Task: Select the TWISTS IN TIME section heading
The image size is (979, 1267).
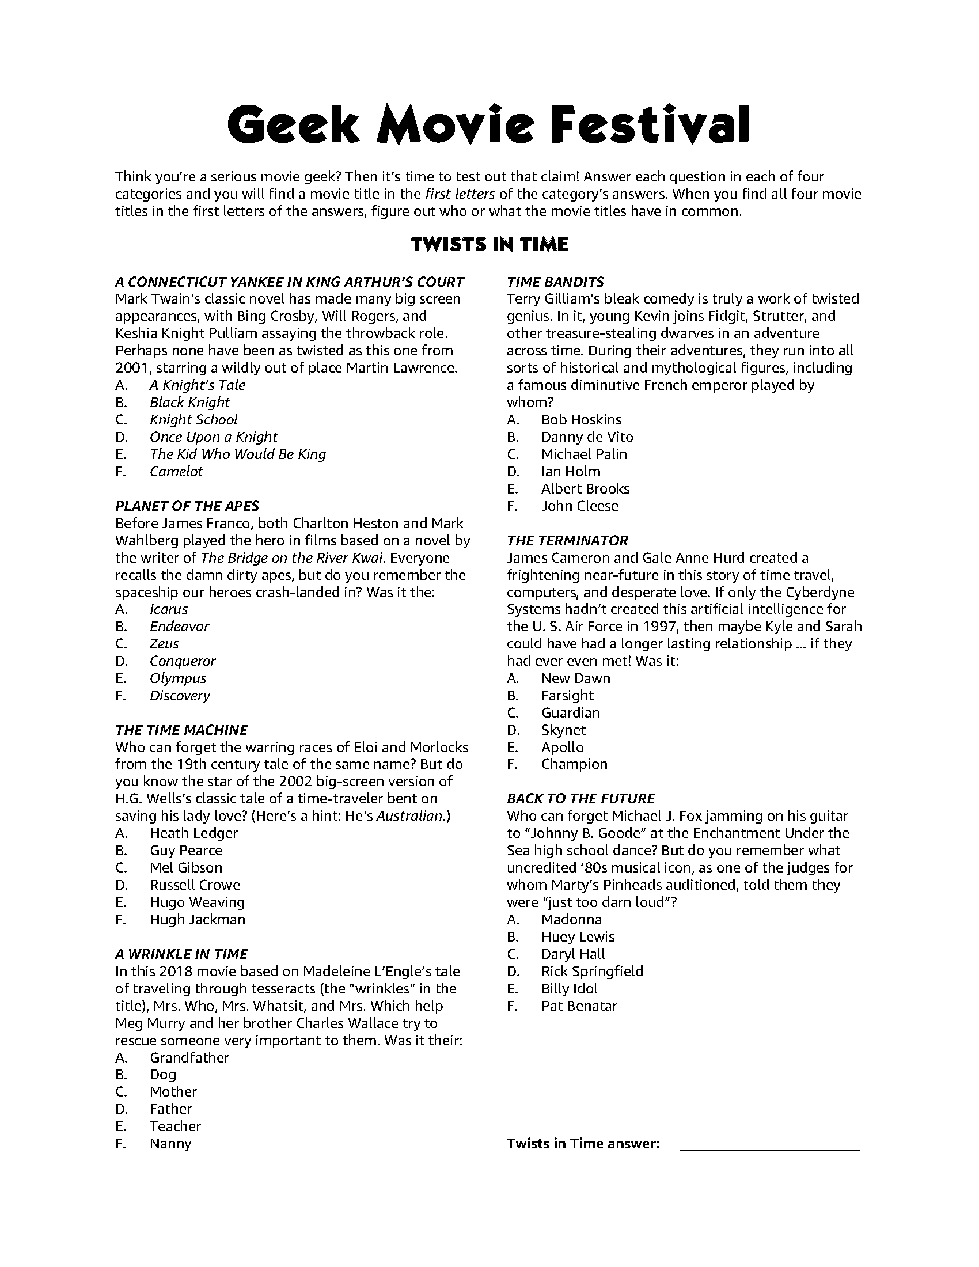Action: coord(490,244)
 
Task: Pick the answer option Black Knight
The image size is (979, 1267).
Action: coord(189,403)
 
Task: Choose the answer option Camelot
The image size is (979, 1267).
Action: coord(176,472)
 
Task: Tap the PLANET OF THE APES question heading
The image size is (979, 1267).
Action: coord(187,506)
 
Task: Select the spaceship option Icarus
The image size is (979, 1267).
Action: coord(169,609)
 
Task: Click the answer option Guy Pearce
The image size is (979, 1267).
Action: coord(185,851)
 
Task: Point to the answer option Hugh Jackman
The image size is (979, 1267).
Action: coord(197,920)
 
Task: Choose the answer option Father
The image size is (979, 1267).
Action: coord(170,1109)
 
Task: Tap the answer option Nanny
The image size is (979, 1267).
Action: coord(170,1143)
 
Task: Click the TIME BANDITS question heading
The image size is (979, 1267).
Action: coord(555,282)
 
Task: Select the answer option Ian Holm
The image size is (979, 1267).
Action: coord(571,472)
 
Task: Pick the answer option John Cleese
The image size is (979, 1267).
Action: coord(579,506)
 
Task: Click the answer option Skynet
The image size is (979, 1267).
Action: coord(563,730)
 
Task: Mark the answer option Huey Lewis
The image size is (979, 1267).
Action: coord(578,937)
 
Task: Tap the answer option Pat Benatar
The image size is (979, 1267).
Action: coord(579,1006)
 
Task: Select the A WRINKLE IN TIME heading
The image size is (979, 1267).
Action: coord(181,954)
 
